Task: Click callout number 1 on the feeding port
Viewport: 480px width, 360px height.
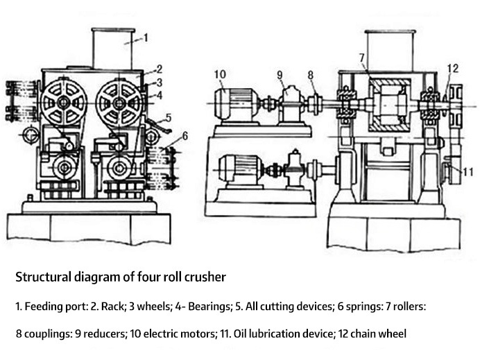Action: [x=146, y=37]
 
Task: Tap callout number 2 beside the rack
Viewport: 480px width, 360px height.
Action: [x=160, y=69]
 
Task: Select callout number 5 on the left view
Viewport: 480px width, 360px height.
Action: [x=169, y=117]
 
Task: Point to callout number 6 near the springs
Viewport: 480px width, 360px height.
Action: [x=185, y=136]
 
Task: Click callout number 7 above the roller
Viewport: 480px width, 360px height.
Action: [x=362, y=58]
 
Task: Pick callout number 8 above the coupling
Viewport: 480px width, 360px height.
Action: [x=311, y=75]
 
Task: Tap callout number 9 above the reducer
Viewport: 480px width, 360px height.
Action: [x=280, y=75]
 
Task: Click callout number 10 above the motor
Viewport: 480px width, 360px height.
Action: [x=220, y=74]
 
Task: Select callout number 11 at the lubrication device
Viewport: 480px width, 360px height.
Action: [x=468, y=172]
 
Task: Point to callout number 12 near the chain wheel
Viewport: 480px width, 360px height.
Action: [x=453, y=68]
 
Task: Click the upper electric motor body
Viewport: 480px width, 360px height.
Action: [x=237, y=103]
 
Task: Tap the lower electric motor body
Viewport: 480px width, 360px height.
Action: [x=240, y=169]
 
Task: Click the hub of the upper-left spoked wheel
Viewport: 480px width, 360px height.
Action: [x=63, y=103]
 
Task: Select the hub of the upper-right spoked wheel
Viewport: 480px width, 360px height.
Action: [x=119, y=103]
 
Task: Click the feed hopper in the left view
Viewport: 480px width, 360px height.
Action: [x=113, y=49]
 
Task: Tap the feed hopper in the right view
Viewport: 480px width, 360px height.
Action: [x=390, y=51]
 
